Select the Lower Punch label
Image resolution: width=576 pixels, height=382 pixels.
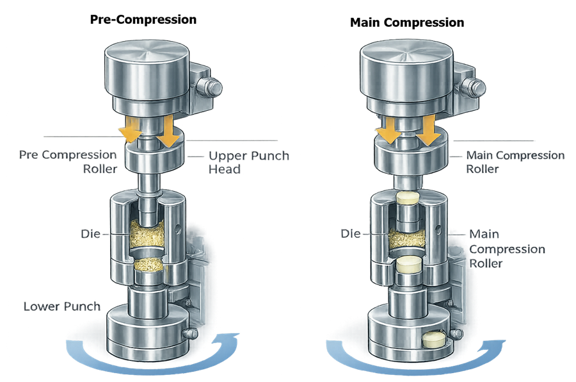point(62,306)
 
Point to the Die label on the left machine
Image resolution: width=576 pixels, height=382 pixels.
point(90,234)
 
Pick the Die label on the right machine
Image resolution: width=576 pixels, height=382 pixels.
point(351,235)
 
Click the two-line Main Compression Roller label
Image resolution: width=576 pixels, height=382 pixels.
point(515,162)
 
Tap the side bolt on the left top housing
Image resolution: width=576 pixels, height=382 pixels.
point(210,86)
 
